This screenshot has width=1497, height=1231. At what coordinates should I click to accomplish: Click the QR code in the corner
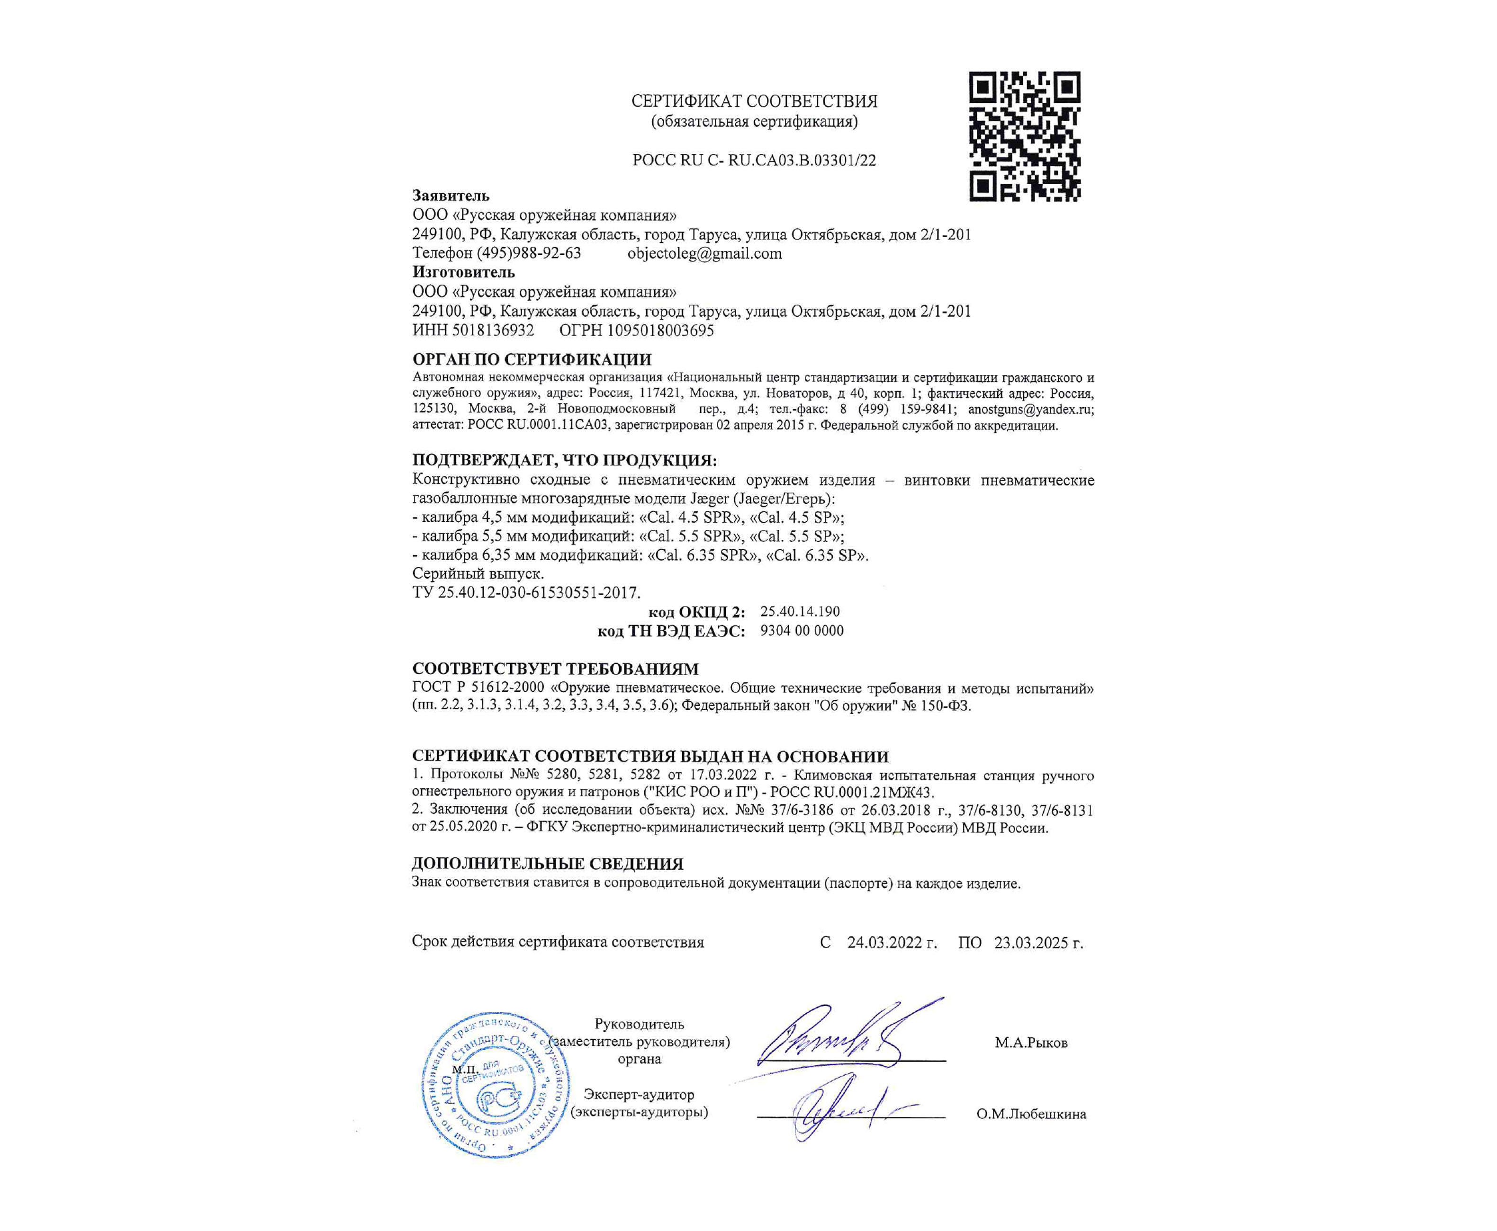click(x=1025, y=136)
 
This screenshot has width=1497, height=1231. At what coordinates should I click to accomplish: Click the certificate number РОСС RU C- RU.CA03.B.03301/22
click(x=754, y=160)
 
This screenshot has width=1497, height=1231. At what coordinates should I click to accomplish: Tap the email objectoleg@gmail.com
click(x=704, y=254)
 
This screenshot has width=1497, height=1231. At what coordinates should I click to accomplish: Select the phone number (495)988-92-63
click(x=529, y=254)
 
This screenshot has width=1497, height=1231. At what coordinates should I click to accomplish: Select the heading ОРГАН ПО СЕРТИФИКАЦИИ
click(x=532, y=360)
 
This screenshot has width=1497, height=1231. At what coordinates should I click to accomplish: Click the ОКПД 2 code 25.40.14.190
click(x=800, y=611)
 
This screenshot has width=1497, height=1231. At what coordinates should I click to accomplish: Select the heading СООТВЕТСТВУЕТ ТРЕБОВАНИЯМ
click(x=556, y=669)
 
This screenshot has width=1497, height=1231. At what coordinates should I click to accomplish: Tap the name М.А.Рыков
click(x=1031, y=1043)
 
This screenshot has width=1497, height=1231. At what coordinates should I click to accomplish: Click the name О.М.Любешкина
click(x=1031, y=1114)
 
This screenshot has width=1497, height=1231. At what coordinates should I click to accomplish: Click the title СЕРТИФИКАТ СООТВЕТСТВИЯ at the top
click(x=754, y=101)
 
